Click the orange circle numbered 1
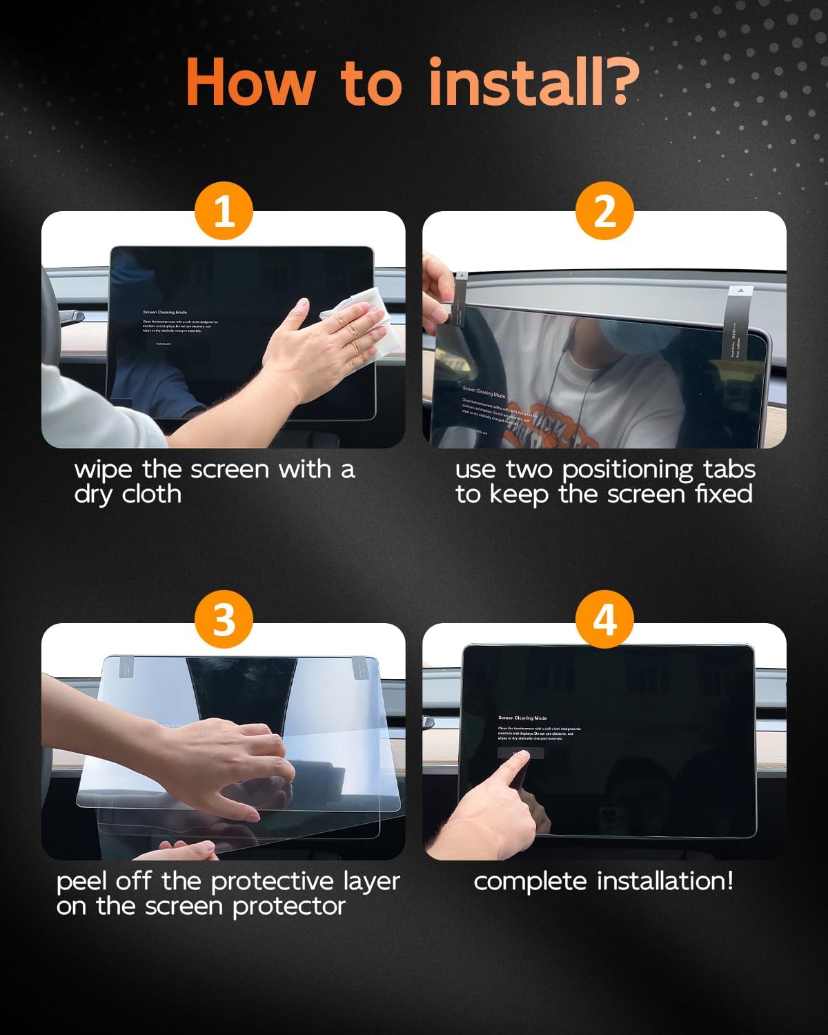224,210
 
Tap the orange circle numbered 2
604,210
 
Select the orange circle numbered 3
224,619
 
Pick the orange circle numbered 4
604,619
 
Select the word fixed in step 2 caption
724,495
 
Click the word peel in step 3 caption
81,882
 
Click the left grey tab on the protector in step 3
130,667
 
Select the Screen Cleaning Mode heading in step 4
522,718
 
